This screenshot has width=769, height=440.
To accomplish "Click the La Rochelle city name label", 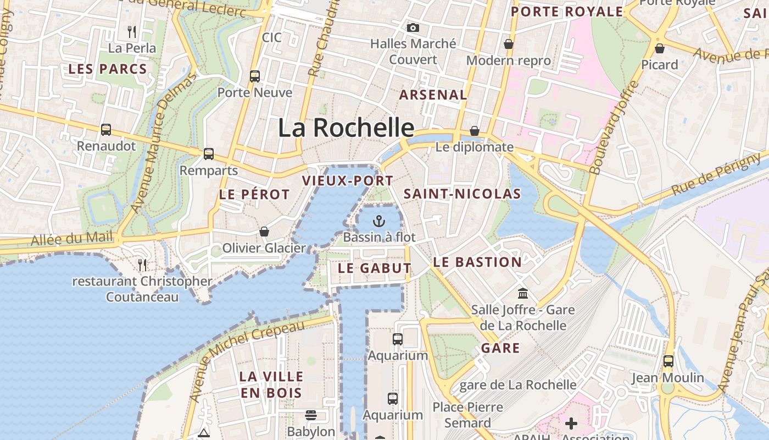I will (x=346, y=128).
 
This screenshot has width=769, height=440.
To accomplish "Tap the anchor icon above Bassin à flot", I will (x=378, y=222).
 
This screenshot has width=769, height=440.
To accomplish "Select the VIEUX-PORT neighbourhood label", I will (x=348, y=180).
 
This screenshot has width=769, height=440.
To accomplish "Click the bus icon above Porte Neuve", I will (x=255, y=76).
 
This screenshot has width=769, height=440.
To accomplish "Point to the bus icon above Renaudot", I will (x=106, y=130).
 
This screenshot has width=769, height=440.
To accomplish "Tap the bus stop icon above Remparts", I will (x=209, y=154).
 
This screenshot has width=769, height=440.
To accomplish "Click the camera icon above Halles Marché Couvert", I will (x=413, y=28).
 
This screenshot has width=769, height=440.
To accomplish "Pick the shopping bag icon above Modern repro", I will (x=509, y=44).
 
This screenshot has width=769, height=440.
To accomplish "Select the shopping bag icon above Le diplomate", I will (x=475, y=131).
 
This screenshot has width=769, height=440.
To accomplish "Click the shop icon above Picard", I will (x=660, y=48).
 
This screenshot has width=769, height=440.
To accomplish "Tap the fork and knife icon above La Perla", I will (x=132, y=31).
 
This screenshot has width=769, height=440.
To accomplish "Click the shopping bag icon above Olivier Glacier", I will (x=264, y=232).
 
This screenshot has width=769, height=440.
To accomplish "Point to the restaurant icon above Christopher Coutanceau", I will (x=142, y=265).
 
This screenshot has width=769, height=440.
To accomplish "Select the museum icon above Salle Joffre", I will (x=522, y=293).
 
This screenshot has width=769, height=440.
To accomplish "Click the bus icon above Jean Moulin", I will (x=668, y=361).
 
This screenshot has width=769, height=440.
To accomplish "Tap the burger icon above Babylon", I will (x=311, y=415).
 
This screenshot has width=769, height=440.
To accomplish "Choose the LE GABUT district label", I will (x=375, y=268).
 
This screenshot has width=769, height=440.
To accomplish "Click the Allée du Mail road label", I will (x=71, y=239).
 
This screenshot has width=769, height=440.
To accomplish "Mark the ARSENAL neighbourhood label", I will (x=433, y=95).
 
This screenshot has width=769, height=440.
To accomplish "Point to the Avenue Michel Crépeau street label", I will (x=247, y=361).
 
